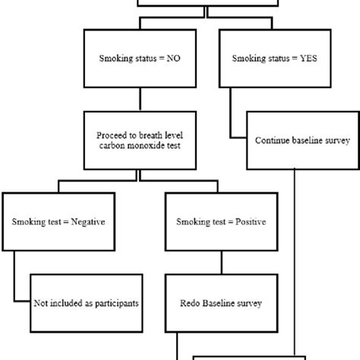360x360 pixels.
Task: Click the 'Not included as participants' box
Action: [86, 303]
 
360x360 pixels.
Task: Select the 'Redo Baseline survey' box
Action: [221, 303]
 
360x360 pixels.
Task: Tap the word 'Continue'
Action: [274, 140]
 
